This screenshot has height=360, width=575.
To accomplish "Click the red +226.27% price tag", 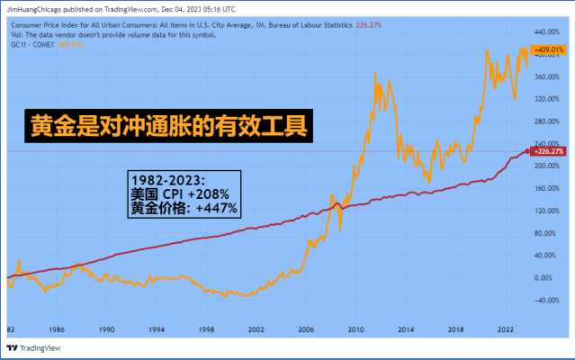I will [548, 152].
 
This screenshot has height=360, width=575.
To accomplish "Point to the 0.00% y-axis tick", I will [544, 278].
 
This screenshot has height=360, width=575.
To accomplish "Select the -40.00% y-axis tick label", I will [546, 301].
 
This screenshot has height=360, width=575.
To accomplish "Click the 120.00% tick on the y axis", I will [546, 211].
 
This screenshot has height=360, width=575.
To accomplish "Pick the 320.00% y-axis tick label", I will [546, 98].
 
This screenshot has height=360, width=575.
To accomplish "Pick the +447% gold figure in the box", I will [216, 208].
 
